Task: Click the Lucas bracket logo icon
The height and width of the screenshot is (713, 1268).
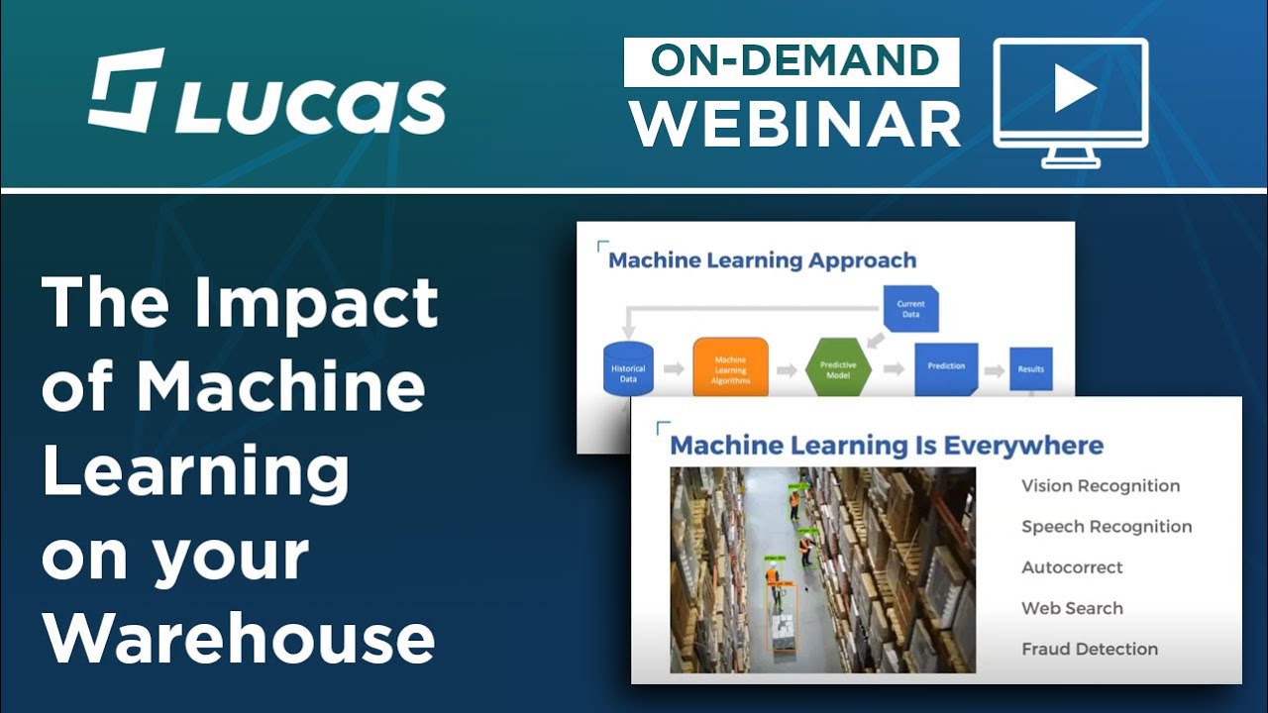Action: (126, 90)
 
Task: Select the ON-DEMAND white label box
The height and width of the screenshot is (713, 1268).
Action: (792, 61)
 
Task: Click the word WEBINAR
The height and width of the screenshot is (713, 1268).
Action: (795, 124)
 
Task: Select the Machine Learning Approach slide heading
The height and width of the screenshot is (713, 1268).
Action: (762, 260)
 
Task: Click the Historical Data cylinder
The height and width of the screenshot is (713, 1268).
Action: (628, 368)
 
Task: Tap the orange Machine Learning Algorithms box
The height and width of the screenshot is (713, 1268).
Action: (730, 368)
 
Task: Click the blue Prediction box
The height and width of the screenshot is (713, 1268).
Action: (946, 367)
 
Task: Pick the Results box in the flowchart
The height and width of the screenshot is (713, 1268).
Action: (1030, 368)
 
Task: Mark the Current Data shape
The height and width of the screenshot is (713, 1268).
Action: (910, 309)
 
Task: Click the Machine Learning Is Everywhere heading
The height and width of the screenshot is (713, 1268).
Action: (887, 445)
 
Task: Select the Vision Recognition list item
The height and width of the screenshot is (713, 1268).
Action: (1101, 486)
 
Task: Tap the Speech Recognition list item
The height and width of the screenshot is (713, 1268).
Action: (1107, 527)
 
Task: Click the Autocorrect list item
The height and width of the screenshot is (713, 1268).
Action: (1072, 567)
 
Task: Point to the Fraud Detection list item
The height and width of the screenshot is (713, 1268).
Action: (1090, 649)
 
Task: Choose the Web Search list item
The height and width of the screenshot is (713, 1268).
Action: (1072, 608)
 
